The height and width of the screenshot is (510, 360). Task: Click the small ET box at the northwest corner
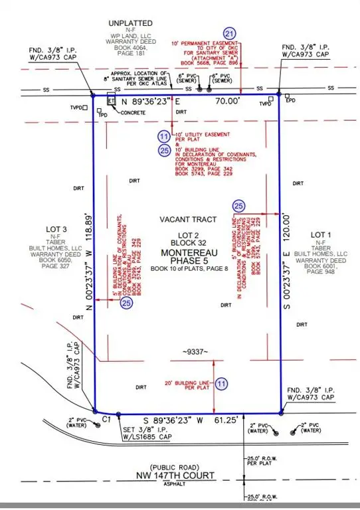112,101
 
